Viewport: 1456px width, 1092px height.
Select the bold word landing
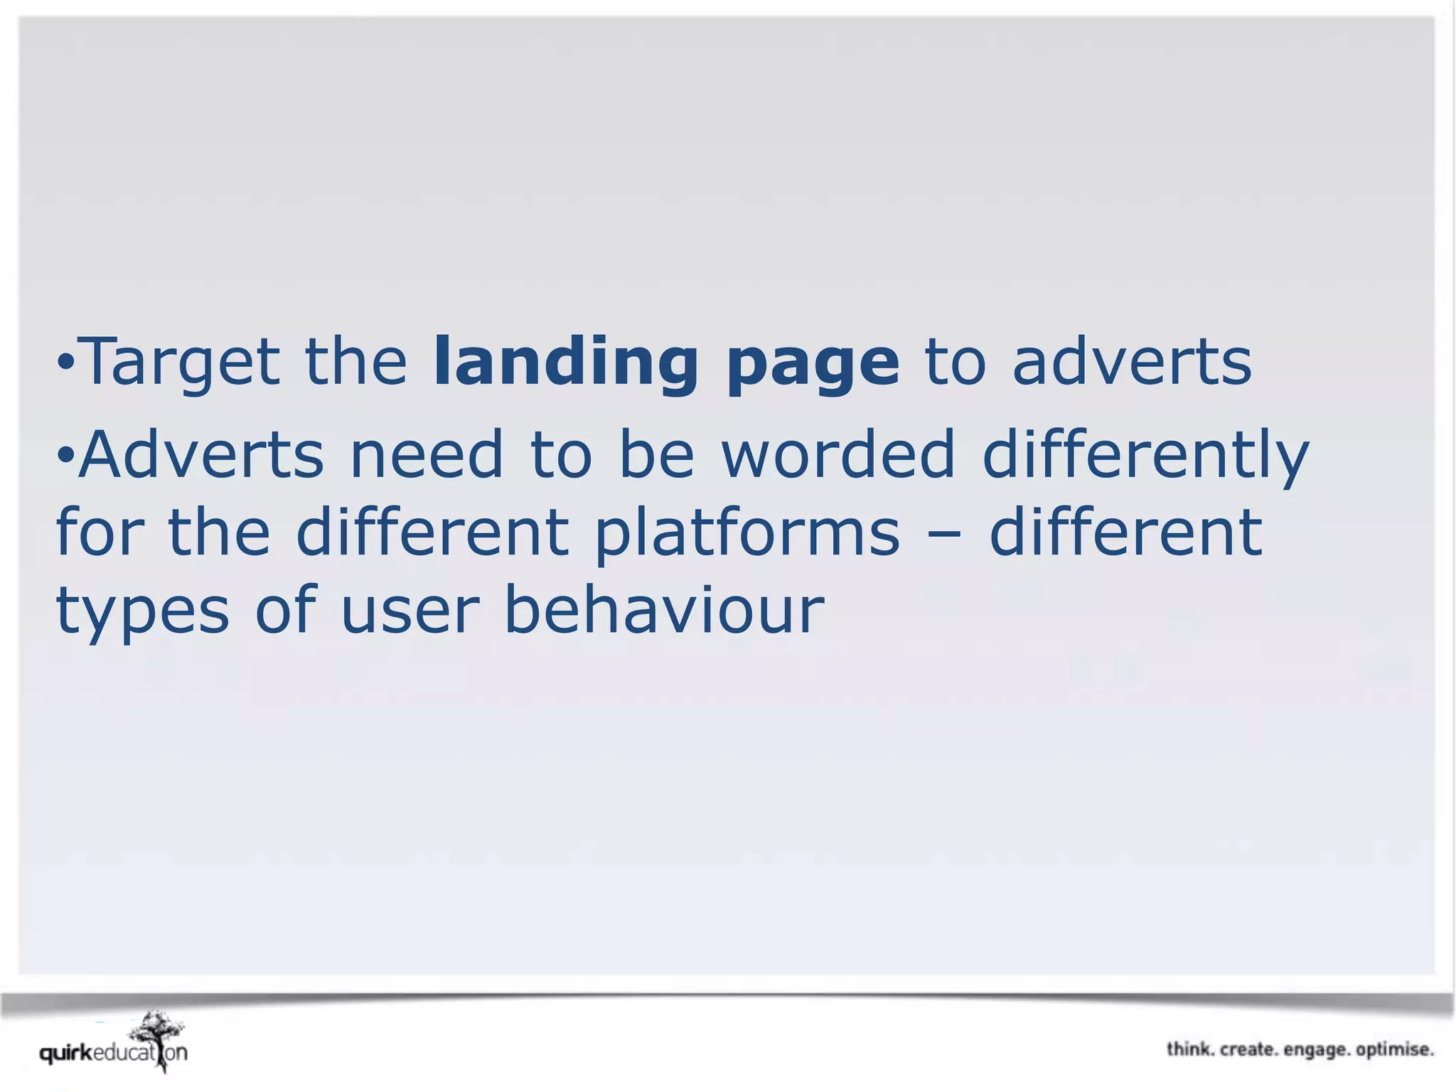(566, 363)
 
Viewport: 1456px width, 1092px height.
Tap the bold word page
(813, 366)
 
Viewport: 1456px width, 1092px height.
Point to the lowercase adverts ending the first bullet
(1132, 363)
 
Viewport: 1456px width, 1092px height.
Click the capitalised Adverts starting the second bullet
(202, 455)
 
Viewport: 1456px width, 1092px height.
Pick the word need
(427, 455)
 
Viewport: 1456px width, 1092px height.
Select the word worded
(839, 455)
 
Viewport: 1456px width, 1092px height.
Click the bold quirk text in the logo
(65, 1053)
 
